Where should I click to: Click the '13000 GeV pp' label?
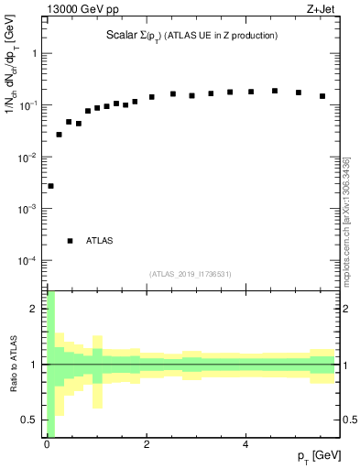click(x=82, y=10)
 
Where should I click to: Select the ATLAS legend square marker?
click(x=70, y=241)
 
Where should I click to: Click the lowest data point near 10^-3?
click(x=50, y=186)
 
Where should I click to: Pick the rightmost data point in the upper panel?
click(x=322, y=96)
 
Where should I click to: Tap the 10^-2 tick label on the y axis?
click(x=30, y=158)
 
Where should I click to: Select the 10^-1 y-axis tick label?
click(x=30, y=105)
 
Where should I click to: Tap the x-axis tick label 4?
click(x=245, y=445)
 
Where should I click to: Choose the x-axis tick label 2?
click(x=146, y=445)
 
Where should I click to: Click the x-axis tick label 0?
click(x=46, y=445)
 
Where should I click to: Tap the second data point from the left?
click(x=60, y=135)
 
